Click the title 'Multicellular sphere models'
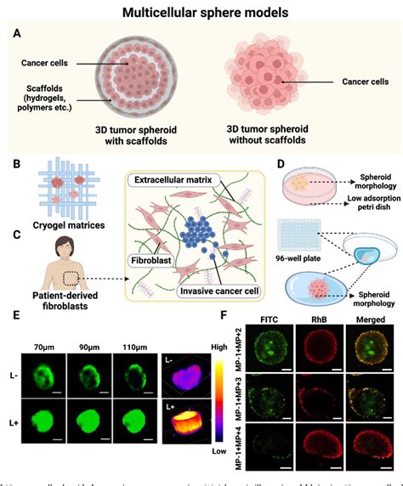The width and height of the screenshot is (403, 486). [x=201, y=13]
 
